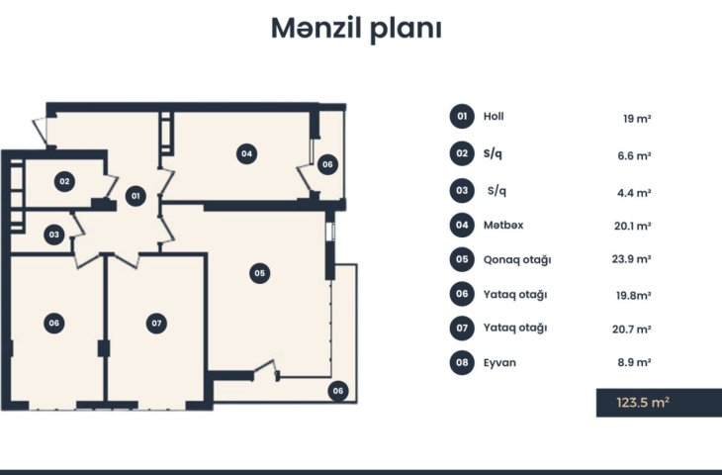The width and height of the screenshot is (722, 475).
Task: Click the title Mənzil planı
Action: tap(356, 29)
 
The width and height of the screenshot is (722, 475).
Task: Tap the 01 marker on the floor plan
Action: tap(135, 196)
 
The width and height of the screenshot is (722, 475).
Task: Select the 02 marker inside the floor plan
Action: tap(64, 181)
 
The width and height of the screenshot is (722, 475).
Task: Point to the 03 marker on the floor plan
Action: tap(53, 235)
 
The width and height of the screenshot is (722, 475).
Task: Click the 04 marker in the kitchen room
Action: tap(246, 153)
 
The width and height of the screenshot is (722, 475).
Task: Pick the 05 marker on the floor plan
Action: tap(259, 273)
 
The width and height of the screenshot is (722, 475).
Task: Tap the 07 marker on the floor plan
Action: tap(156, 323)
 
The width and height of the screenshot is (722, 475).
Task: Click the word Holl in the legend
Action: tap(494, 116)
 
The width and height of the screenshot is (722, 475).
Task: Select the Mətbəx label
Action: tap(503, 225)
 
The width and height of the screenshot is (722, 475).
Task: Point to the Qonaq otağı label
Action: tap(517, 260)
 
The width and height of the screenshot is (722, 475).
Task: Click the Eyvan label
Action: tap(499, 362)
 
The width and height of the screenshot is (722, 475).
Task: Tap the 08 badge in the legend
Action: tap(462, 362)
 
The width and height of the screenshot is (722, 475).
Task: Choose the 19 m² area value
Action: tap(637, 119)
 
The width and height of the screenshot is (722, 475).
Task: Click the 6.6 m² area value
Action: tap(634, 155)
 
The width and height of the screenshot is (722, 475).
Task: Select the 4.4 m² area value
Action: tap(634, 193)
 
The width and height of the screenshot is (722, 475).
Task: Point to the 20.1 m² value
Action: tap(633, 226)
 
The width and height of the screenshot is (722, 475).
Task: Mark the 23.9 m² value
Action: tap(632, 259)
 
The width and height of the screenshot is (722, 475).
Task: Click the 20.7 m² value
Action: tap(632, 329)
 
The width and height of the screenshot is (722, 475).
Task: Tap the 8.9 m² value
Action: tap(634, 362)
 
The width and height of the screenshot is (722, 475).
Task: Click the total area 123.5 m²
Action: tap(643, 402)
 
